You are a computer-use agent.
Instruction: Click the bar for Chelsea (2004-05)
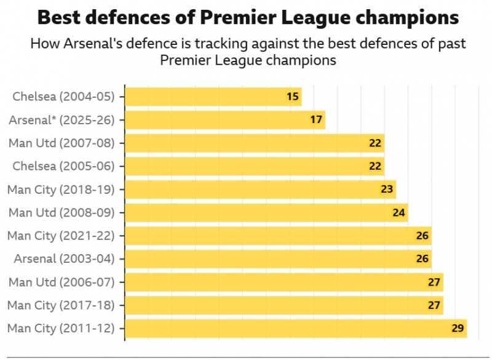212,97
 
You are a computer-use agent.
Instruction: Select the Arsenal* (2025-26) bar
224,120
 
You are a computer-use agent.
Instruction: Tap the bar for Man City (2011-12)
295,328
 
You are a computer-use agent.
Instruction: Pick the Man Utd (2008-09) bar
266,213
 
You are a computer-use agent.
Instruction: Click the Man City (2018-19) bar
260,190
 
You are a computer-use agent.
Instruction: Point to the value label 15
293,97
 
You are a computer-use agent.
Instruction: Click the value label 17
316,120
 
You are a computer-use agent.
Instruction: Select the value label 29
458,328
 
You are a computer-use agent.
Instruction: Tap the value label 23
387,190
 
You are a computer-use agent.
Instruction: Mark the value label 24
399,213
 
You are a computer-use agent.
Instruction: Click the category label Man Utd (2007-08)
61,143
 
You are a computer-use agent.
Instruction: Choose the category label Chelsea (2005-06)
63,166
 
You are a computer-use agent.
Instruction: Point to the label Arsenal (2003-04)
64,258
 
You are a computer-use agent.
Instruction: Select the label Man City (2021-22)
61,236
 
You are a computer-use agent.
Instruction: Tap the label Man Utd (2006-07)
61,282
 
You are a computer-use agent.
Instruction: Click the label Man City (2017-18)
61,305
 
